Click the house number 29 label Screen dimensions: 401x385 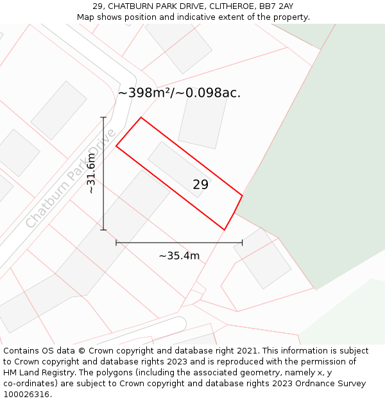200,185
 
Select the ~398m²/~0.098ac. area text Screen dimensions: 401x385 179,93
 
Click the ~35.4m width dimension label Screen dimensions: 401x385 179,256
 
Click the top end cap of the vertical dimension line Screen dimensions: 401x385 103,117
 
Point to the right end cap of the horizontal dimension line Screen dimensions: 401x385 242,243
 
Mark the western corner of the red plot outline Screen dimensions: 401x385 116,146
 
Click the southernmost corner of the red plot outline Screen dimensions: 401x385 225,229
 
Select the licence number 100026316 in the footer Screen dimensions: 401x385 26,395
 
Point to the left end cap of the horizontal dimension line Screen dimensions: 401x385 116,243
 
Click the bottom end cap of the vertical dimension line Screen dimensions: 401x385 103,229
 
